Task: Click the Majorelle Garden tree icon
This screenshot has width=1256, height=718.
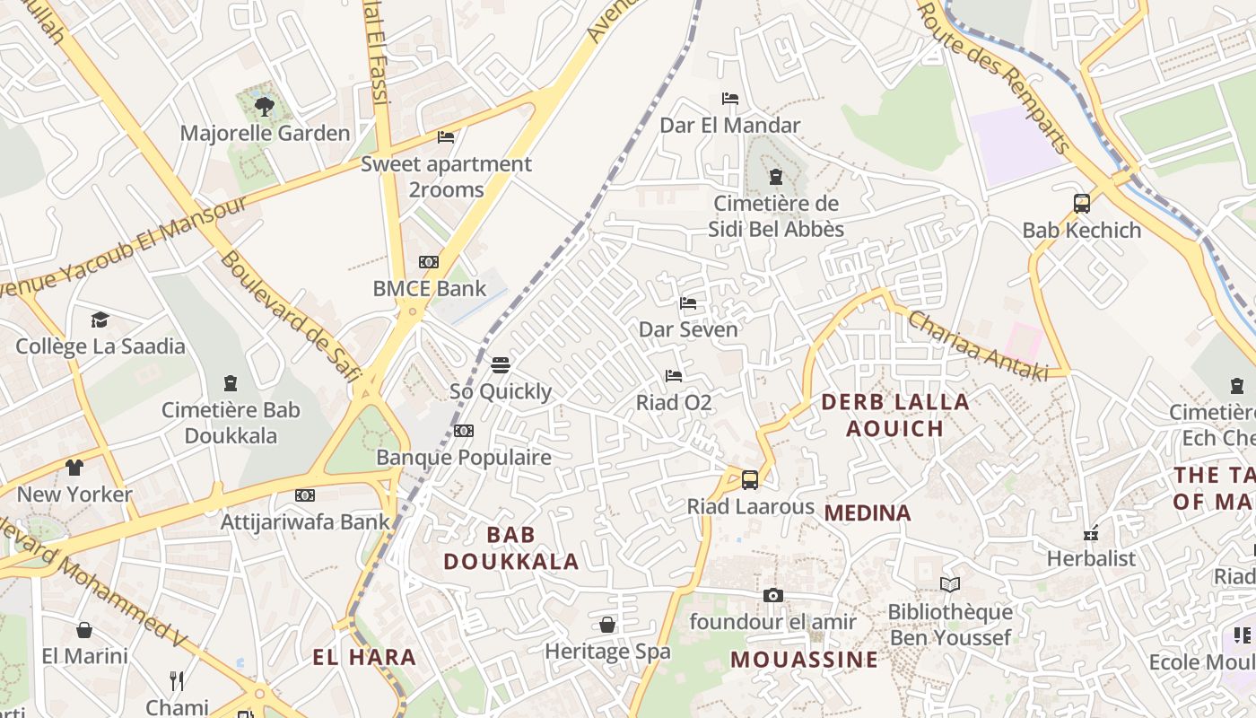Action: pos(264,107)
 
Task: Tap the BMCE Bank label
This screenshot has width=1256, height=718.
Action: pos(429,289)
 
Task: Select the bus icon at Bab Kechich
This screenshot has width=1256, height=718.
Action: pos(1081,203)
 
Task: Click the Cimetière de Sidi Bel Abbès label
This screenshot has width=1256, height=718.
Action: pos(776,216)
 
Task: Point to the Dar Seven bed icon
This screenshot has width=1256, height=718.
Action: pos(688,303)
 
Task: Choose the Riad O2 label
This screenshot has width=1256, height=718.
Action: pos(674,403)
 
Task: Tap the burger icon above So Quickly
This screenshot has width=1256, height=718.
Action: pos(501,365)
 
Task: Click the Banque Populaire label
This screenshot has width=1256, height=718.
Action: pos(463,458)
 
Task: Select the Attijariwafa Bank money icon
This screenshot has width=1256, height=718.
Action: pos(305,495)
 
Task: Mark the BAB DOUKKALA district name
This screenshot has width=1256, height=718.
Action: pos(510,548)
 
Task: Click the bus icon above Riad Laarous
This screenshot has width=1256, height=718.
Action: pos(750,480)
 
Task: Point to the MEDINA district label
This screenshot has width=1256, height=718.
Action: pos(868,513)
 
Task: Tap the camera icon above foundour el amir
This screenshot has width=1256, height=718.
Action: pos(772,595)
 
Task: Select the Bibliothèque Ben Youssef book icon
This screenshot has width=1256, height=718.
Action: pos(950,585)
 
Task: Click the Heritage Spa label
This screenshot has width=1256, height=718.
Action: pos(607,652)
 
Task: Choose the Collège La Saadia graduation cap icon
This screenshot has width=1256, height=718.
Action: pos(100,320)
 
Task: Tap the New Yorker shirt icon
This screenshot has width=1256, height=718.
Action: pos(74,468)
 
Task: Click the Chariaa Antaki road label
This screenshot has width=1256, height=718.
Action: pos(977,346)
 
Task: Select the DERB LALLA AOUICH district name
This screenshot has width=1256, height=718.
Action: pos(895,415)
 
